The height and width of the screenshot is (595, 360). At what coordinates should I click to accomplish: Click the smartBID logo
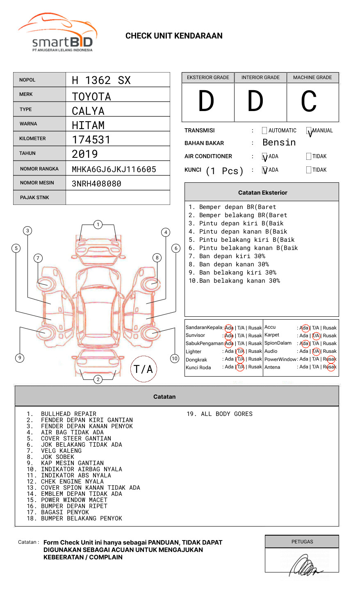pyautogui.click(x=57, y=33)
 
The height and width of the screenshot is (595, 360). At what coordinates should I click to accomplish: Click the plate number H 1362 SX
pyautogui.click(x=101, y=80)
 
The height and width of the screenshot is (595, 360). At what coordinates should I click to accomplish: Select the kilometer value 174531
pyautogui.click(x=91, y=140)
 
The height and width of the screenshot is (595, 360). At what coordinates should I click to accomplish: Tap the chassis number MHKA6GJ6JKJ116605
pyautogui.click(x=114, y=169)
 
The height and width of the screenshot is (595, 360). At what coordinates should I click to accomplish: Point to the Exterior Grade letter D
pyautogui.click(x=206, y=101)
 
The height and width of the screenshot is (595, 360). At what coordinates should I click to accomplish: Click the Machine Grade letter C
pyautogui.click(x=309, y=101)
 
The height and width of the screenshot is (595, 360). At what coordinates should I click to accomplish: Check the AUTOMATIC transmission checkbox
pyautogui.click(x=264, y=131)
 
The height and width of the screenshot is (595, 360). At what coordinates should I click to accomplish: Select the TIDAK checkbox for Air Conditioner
pyautogui.click(x=309, y=156)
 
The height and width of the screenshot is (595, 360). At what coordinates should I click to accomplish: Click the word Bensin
pyautogui.click(x=279, y=143)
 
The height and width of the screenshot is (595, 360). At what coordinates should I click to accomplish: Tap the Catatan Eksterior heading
pyautogui.click(x=262, y=193)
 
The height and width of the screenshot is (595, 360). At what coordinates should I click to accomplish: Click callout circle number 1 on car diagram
pyautogui.click(x=98, y=225)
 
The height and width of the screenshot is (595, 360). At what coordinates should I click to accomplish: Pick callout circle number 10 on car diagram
pyautogui.click(x=175, y=359)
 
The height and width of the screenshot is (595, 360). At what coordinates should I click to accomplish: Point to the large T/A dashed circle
pyautogui.click(x=144, y=369)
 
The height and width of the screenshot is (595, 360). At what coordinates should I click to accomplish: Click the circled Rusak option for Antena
pyautogui.click(x=331, y=367)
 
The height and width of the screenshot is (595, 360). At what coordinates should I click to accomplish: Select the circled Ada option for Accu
pyautogui.click(x=305, y=328)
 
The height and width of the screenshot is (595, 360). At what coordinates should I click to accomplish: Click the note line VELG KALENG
pyautogui.click(x=61, y=451)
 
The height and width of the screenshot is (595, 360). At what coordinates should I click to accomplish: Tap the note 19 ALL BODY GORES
pyautogui.click(x=220, y=414)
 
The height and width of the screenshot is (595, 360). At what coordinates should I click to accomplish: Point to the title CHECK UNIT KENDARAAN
pyautogui.click(x=174, y=36)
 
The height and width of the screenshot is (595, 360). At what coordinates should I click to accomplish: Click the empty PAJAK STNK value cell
pyautogui.click(x=118, y=198)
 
